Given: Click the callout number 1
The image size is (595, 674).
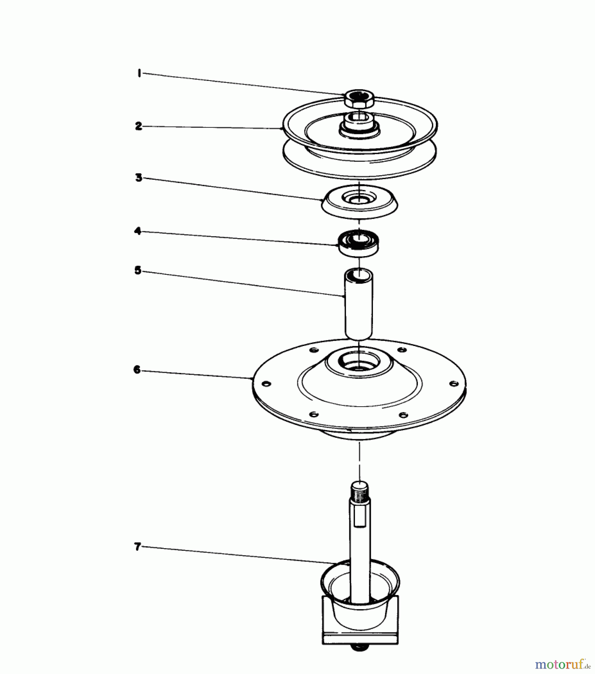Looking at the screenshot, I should pos(139,73).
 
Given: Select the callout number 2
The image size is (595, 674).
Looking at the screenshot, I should pos(139,126).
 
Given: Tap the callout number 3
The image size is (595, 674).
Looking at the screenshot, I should pos(139,177).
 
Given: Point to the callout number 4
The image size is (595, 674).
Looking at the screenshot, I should pos(138,231).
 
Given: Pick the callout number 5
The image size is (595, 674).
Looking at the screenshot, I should pos(138,270).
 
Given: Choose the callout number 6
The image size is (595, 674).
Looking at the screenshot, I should pos(137,370).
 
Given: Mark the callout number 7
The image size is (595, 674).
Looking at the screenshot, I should pos(137,547).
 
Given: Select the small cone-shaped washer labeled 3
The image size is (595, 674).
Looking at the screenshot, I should pos(359,203).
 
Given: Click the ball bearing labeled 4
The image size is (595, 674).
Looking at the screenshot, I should pos(358,243).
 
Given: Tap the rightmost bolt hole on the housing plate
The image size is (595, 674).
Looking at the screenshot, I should pos(453,384).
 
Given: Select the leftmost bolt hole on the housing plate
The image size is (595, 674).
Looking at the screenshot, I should pos(265,385).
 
